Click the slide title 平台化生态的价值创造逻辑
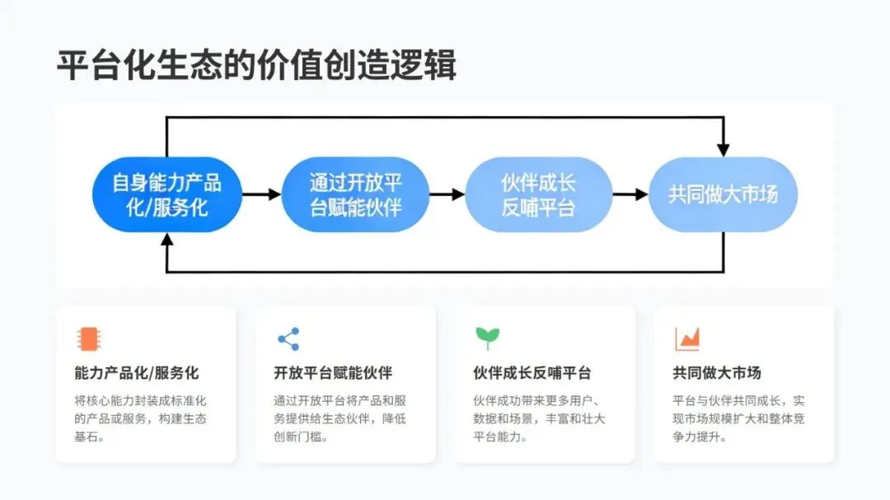pyautogui.click(x=256, y=65)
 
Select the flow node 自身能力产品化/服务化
pyautogui.click(x=167, y=194)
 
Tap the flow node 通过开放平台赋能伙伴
pyautogui.click(x=355, y=194)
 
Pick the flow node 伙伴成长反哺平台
pyautogui.click(x=538, y=194)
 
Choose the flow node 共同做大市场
pyautogui.click(x=723, y=194)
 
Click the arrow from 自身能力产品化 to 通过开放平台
pyautogui.click(x=263, y=194)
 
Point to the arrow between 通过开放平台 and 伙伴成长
pyautogui.click(x=447, y=194)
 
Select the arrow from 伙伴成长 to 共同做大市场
pyautogui.click(x=630, y=194)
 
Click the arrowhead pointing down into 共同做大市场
pyautogui.click(x=723, y=149)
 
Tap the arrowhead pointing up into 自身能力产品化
pyautogui.click(x=167, y=240)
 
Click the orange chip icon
pyautogui.click(x=87, y=339)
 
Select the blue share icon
pyautogui.click(x=288, y=339)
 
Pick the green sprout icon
pyautogui.click(x=487, y=338)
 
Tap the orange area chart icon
pyautogui.click(x=686, y=339)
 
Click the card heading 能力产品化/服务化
pyautogui.click(x=137, y=373)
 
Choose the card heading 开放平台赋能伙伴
pyautogui.click(x=333, y=373)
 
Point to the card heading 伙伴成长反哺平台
pyautogui.click(x=532, y=373)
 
